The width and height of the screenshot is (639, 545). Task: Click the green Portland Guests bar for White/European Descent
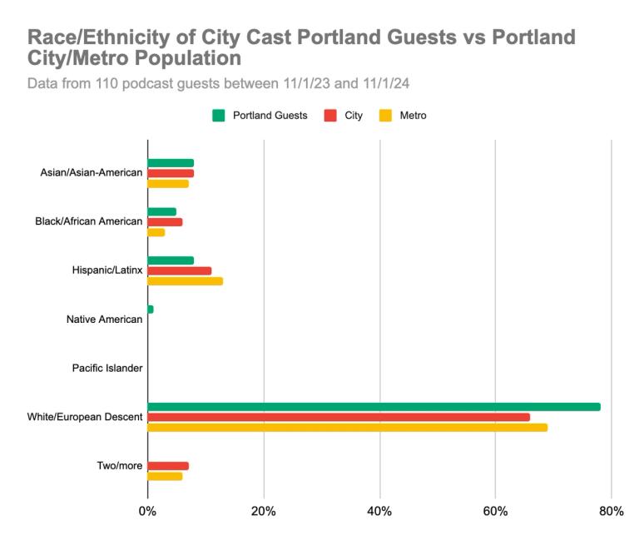tap(374, 407)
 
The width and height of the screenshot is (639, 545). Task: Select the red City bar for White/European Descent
tap(339, 417)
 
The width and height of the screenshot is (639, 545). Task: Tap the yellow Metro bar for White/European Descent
tap(347, 428)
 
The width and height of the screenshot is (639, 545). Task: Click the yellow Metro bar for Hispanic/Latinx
tap(185, 281)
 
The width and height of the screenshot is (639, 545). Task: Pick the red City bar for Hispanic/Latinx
tap(179, 271)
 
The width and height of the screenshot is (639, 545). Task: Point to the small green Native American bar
tap(151, 310)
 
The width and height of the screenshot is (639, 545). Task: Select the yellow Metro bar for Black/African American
tap(156, 232)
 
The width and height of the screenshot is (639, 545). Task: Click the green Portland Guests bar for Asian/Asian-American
tap(171, 163)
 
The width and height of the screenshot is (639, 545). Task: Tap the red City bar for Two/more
tap(168, 466)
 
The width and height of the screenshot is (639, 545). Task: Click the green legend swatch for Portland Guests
tap(219, 116)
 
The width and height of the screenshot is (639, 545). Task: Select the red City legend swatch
tap(329, 116)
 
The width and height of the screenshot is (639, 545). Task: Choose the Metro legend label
tap(414, 116)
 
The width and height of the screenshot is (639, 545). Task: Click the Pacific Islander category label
tap(106, 368)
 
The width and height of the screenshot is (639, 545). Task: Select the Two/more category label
tap(120, 465)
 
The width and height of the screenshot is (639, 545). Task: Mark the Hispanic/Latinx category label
tap(108, 270)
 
